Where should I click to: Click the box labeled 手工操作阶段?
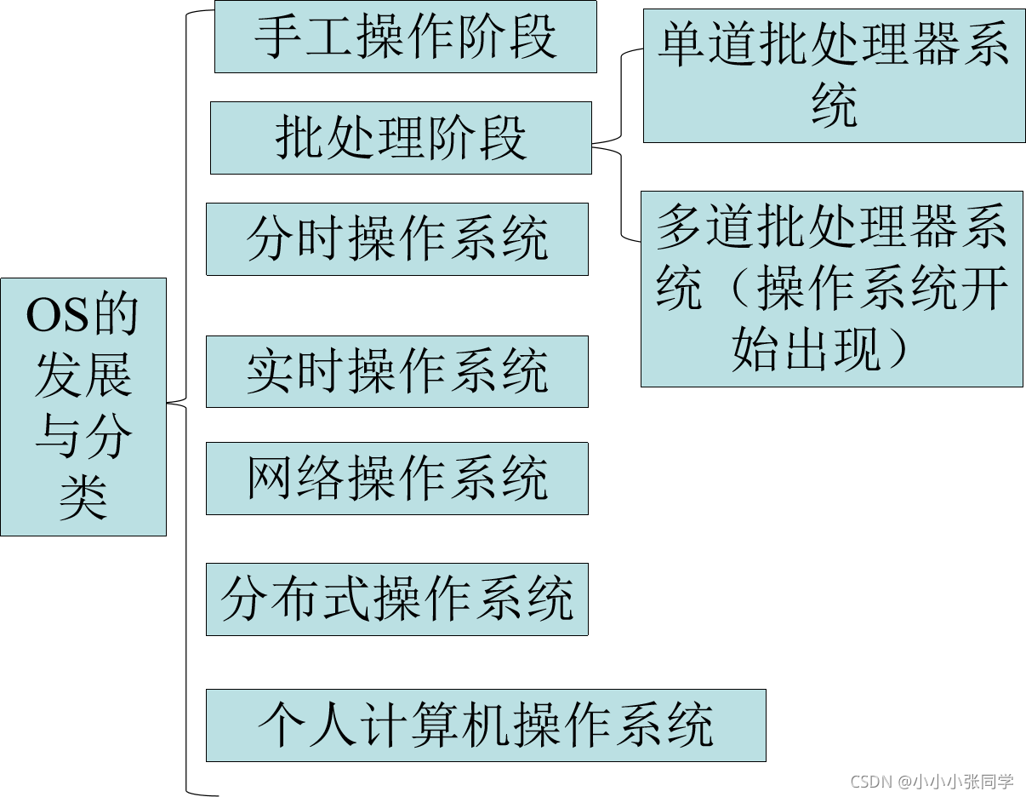pyautogui.click(x=405, y=37)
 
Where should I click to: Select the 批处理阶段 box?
pyautogui.click(x=401, y=138)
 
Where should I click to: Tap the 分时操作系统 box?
pyautogui.click(x=397, y=239)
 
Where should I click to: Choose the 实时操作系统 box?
pyautogui.click(x=397, y=371)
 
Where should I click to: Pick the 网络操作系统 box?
pyautogui.click(x=397, y=479)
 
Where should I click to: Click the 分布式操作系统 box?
pyautogui.click(x=397, y=599)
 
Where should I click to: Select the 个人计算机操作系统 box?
pyautogui.click(x=486, y=725)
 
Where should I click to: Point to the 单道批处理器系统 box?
pyautogui.click(x=834, y=76)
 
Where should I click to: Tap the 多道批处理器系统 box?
pyautogui.click(x=831, y=289)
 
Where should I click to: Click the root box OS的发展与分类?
pyautogui.click(x=83, y=406)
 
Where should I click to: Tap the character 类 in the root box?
pyautogui.click(x=83, y=497)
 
